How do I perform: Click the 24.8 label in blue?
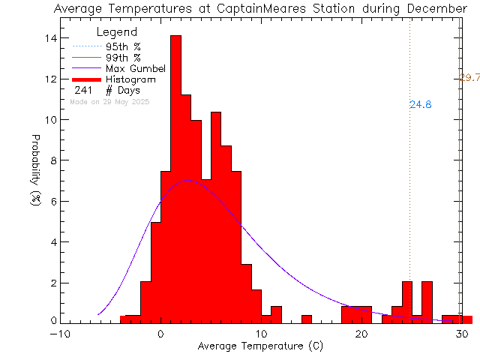[x=421, y=105]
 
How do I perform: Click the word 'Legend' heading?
[x=118, y=33]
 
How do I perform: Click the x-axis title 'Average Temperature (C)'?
[x=261, y=346]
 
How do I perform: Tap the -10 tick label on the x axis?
[x=61, y=335]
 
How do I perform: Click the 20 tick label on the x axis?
[x=361, y=335]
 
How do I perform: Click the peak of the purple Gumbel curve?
[x=187, y=180]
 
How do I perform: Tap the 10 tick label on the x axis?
[x=261, y=335]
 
